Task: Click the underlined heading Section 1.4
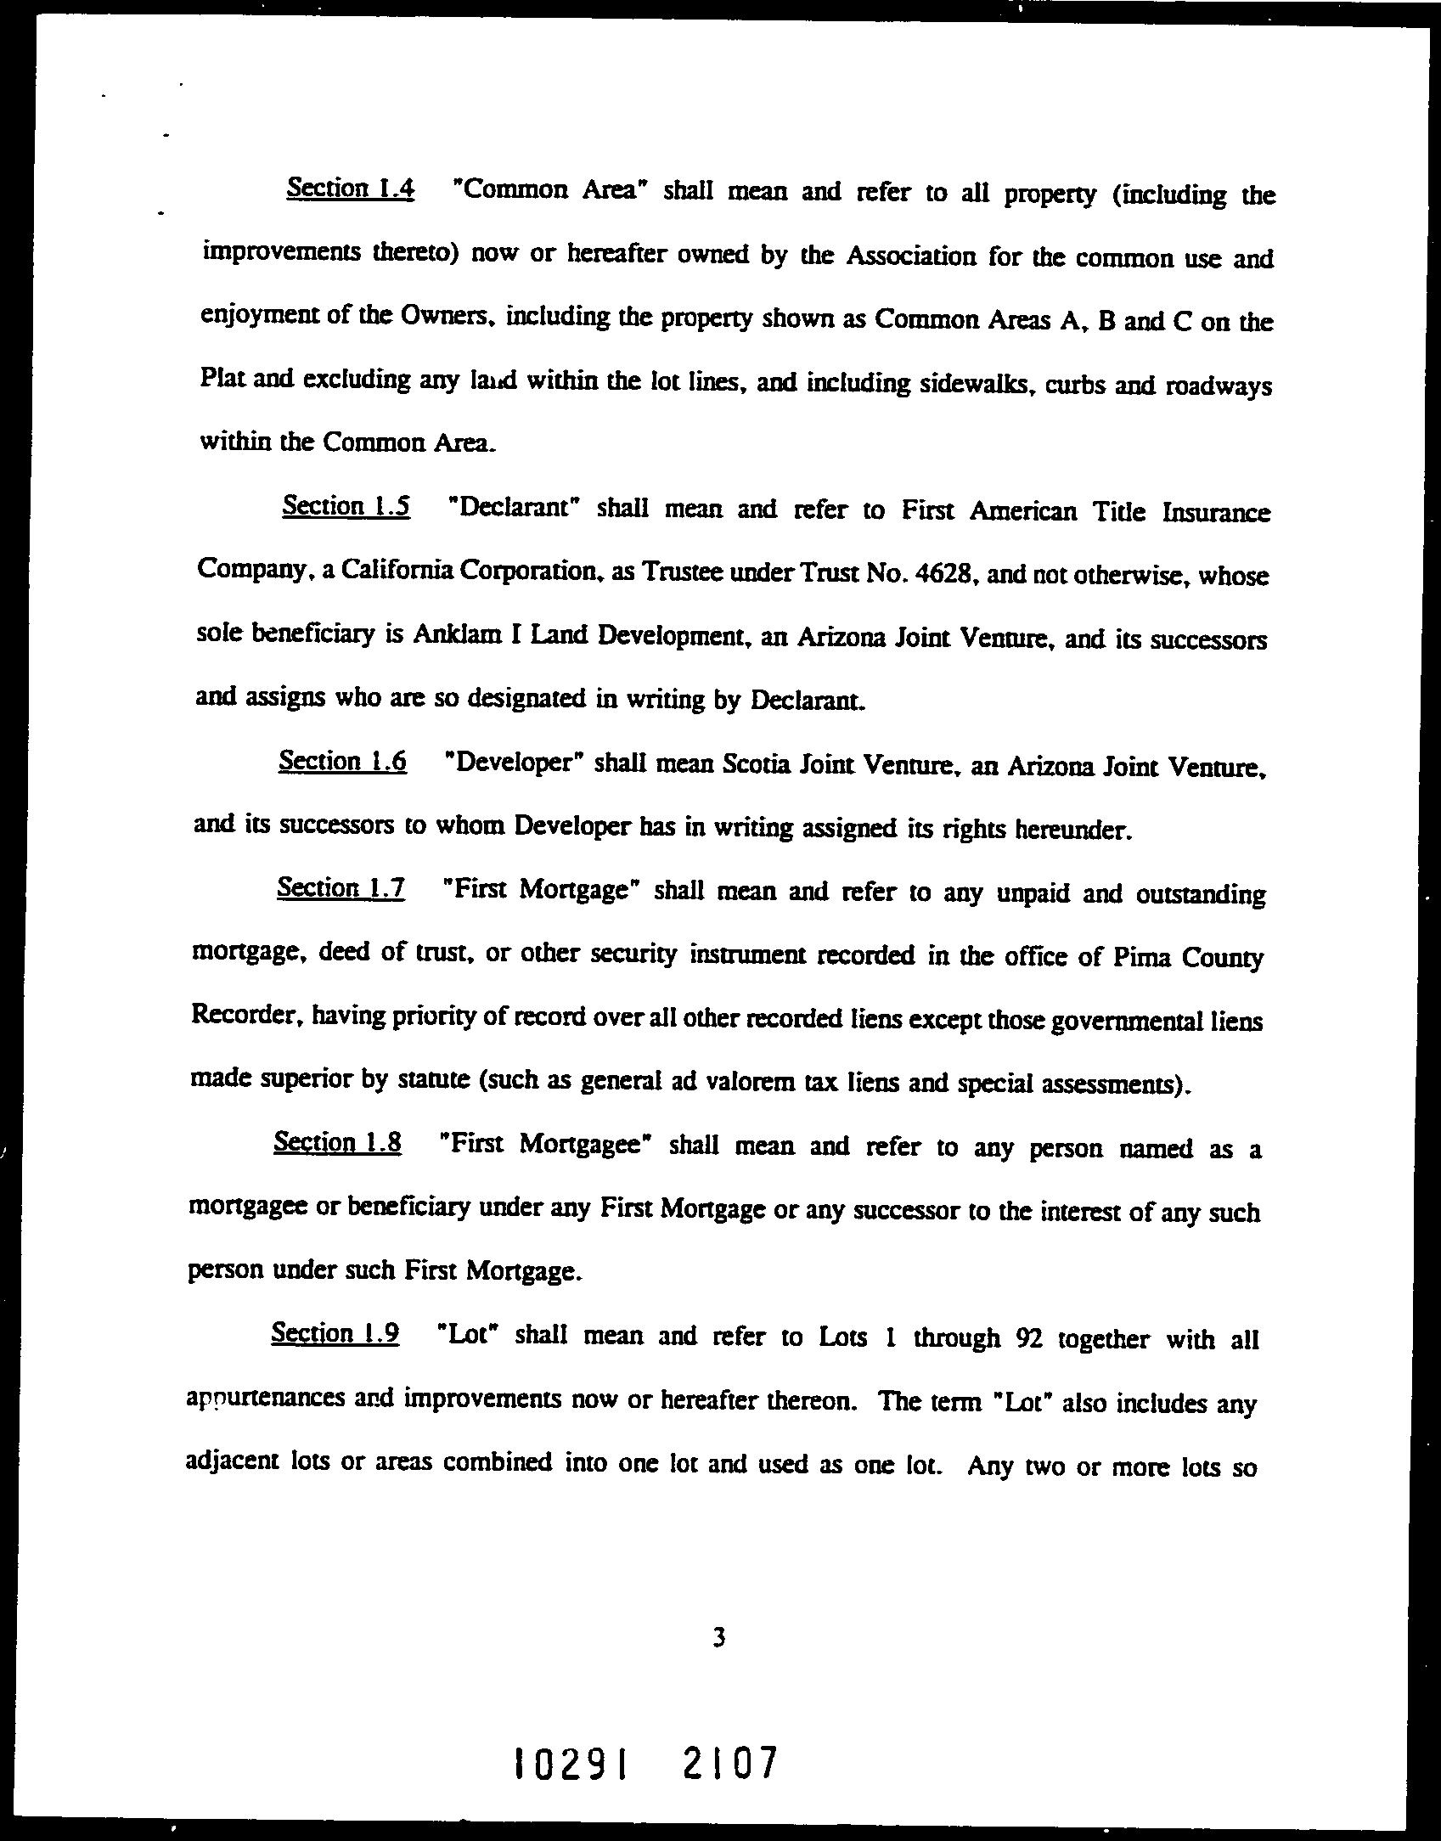click(351, 188)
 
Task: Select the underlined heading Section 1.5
click(346, 506)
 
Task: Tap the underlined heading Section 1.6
click(342, 761)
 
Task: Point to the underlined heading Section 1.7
click(341, 888)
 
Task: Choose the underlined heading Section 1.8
click(337, 1143)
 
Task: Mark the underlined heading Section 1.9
click(335, 1333)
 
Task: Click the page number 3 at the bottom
click(719, 1637)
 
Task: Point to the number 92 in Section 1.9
click(1030, 1338)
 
